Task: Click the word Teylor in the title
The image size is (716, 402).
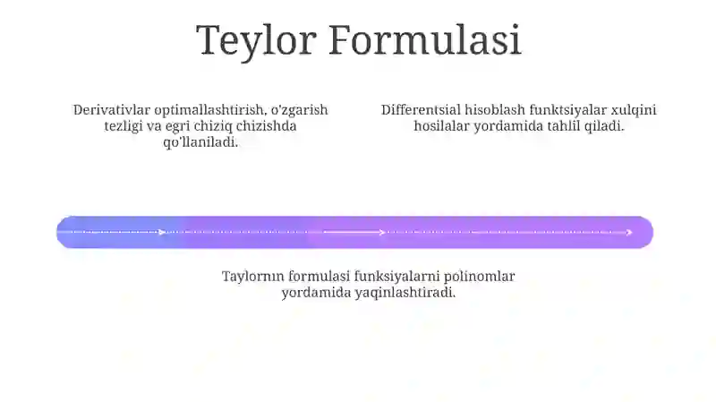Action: tap(256, 41)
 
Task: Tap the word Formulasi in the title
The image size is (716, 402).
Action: tap(424, 39)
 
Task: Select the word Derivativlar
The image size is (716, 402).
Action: tap(111, 109)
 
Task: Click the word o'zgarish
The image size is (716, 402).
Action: tap(300, 110)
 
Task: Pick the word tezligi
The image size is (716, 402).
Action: tap(124, 126)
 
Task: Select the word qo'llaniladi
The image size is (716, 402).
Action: tap(200, 142)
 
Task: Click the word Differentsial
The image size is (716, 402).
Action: tap(421, 109)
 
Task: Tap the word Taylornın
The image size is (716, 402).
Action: tap(253, 277)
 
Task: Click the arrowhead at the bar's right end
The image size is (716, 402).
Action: tap(630, 233)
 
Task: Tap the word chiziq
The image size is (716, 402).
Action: tap(213, 126)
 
